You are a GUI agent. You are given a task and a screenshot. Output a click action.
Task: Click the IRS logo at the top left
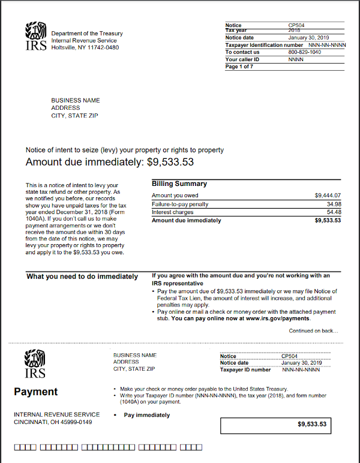[x=36, y=37]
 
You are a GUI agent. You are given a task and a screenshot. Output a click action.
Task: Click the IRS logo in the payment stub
[x=34, y=365]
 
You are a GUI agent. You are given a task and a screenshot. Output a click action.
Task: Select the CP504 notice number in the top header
[x=297, y=25]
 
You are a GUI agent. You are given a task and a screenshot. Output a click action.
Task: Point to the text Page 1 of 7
[x=239, y=67]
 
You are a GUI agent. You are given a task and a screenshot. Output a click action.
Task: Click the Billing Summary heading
[x=179, y=184]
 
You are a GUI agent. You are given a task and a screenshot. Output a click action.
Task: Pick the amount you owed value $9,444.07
[x=328, y=196]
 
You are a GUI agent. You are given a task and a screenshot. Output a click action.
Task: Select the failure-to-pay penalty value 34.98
[x=333, y=204]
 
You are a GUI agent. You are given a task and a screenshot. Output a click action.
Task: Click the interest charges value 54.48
[x=333, y=212]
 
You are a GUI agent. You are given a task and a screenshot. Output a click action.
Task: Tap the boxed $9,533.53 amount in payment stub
[x=312, y=425]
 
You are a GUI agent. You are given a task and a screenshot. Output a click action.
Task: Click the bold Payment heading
[x=36, y=392]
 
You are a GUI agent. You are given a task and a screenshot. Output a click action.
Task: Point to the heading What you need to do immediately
[x=82, y=276]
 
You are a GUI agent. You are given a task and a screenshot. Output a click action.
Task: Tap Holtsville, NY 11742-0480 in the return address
[x=85, y=47]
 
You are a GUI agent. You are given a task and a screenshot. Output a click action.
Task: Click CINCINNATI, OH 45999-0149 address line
[x=53, y=422]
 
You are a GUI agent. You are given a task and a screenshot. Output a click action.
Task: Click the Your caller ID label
[x=242, y=59]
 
